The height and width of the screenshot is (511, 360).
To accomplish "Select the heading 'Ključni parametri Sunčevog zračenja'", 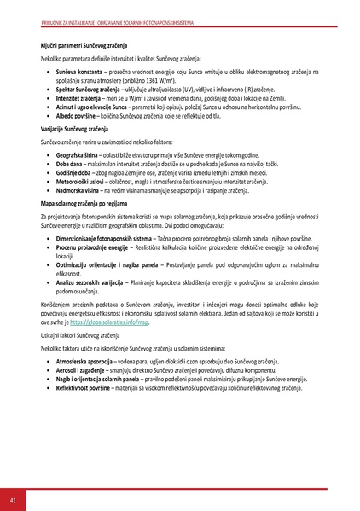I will tap(89, 43).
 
